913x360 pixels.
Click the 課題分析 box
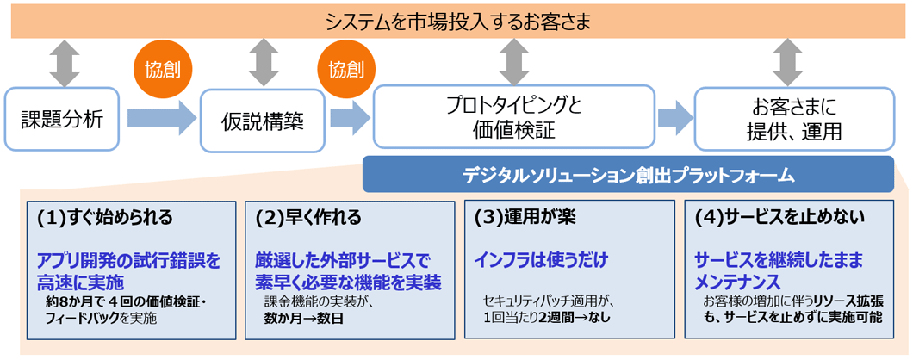(x=61, y=119)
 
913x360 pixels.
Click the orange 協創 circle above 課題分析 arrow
(x=163, y=68)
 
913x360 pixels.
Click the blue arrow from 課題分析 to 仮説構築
(x=161, y=117)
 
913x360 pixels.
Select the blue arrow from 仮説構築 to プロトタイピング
(x=349, y=118)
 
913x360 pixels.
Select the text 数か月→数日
(x=295, y=318)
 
